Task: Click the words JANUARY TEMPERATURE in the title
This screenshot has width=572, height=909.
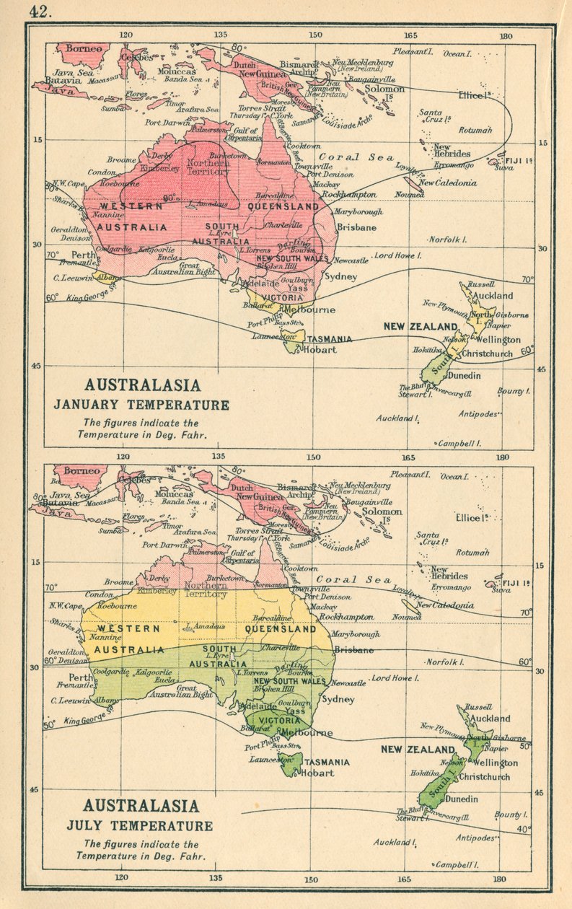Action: click(141, 405)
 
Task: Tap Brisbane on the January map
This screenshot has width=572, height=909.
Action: click(356, 227)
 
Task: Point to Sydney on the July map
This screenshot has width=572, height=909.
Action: click(339, 699)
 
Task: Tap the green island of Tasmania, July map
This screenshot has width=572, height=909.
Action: click(290, 765)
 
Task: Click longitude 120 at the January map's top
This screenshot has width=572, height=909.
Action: click(126, 35)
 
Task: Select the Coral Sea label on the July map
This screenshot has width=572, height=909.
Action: click(355, 580)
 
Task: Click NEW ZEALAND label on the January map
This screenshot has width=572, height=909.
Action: click(421, 327)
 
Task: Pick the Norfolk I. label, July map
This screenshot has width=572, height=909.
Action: click(444, 662)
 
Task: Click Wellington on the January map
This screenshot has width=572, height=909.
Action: click(498, 339)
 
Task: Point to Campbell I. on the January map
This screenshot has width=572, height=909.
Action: click(459, 444)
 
